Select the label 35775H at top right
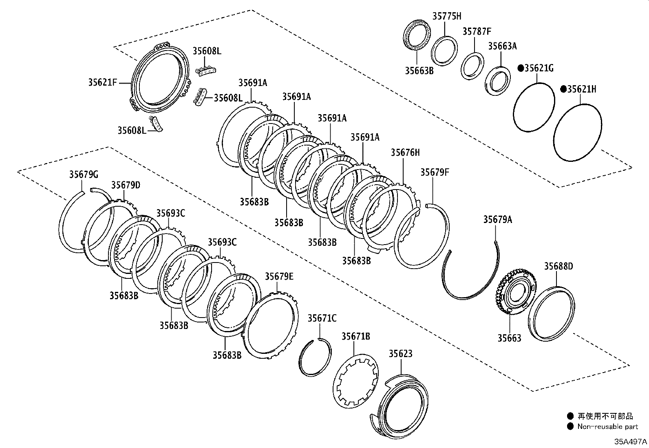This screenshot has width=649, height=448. coord(446,16)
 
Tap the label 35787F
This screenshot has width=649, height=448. coord(477,31)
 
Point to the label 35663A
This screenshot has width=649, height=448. coord(502,46)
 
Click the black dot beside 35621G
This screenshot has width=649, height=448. coord(520,68)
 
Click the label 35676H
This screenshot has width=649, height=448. coord(405,152)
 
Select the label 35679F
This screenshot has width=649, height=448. coord(435,172)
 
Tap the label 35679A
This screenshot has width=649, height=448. coord(498,220)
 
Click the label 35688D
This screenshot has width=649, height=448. coord(558,267)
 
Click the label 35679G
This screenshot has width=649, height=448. coord(83,175)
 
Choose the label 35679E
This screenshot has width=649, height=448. coord(279,276)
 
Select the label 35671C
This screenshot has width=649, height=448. coord(322,318)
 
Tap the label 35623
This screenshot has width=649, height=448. coord(400,353)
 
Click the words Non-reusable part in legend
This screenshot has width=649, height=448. coord(607,427)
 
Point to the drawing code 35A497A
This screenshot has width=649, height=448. coord(631,442)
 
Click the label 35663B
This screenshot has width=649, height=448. coord(419,70)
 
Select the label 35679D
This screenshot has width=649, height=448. coord(126,185)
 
